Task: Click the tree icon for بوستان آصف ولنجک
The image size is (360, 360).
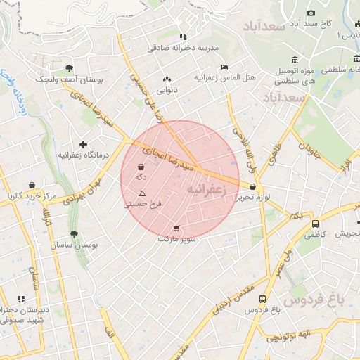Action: click(x=69, y=68)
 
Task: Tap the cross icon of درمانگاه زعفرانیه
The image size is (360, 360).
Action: click(x=83, y=143)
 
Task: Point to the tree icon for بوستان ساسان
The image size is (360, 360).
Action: click(x=74, y=235)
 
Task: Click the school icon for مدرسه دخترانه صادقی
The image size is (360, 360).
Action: click(x=183, y=37)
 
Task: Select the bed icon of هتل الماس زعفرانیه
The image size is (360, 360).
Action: click(x=224, y=67)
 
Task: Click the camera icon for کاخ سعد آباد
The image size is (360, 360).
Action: click(x=311, y=13)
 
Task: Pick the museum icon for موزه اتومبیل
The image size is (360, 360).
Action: click(x=294, y=59)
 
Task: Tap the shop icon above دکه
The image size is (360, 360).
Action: click(x=142, y=168)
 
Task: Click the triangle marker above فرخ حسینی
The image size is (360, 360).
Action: click(x=143, y=193)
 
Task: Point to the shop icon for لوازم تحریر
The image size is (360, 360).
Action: click(x=252, y=186)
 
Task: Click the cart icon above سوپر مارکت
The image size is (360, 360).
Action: click(x=176, y=228)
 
